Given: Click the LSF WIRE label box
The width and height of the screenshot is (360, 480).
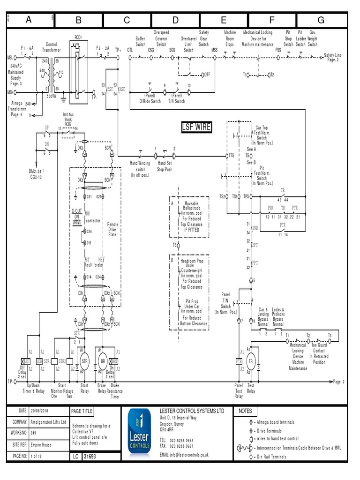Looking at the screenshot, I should tap(196, 127).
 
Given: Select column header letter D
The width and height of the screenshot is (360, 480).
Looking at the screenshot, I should tap(175, 20).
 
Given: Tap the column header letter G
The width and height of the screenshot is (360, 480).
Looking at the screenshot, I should tap(321, 20).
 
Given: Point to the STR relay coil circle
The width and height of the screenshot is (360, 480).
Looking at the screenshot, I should tap(84, 361).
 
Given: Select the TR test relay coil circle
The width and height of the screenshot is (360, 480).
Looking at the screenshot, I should tap(251, 361).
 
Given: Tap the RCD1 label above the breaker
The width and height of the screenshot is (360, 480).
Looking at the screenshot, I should tap(77, 37).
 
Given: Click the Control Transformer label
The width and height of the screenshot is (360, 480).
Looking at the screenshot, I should tap(51, 46).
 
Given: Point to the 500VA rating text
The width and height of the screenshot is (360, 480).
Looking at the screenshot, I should tap(51, 95).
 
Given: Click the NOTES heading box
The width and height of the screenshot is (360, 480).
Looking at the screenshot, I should tap(245, 411).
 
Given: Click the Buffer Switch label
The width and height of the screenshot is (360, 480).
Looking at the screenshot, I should tap(141, 41).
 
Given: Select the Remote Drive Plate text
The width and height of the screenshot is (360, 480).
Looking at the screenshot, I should tap(113, 229).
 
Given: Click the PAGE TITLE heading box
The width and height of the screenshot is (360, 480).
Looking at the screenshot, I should tap(82, 411).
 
